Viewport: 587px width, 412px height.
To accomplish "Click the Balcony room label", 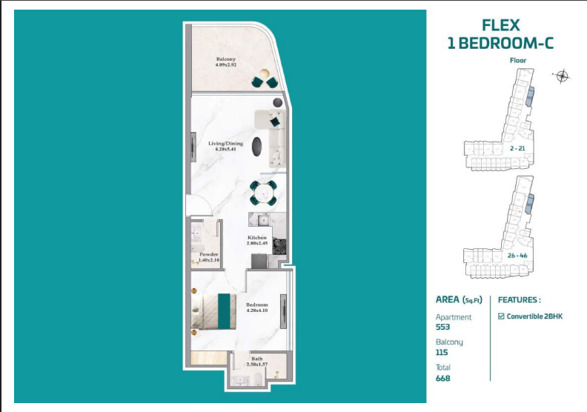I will [x=226, y=59].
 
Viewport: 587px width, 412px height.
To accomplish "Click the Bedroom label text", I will [x=256, y=305].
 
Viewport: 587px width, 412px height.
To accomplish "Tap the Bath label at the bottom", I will [x=256, y=359].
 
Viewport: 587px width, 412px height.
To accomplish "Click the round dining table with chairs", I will [x=262, y=193].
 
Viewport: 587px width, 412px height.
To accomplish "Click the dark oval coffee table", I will [x=256, y=146].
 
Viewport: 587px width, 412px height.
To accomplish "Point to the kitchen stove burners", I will [x=279, y=245].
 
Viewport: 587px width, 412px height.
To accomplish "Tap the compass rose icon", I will [x=562, y=76].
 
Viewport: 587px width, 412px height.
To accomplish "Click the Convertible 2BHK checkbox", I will [x=501, y=316].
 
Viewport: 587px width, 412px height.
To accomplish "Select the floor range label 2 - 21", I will [x=518, y=148].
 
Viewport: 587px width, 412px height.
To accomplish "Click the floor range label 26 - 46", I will [x=518, y=255].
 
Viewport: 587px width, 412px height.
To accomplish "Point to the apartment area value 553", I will [x=443, y=327].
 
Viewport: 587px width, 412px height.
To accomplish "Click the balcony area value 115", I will [x=442, y=353].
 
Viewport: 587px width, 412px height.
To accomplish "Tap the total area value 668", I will [x=443, y=378].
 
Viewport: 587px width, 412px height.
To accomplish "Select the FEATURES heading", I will [x=518, y=300].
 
